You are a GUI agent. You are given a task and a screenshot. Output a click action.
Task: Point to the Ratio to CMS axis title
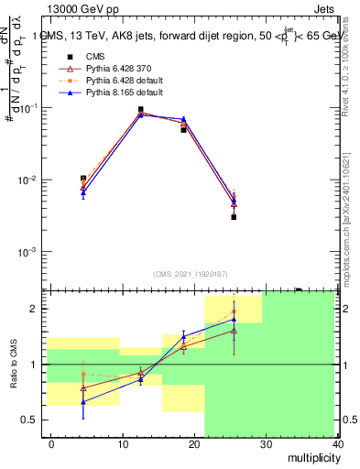12,365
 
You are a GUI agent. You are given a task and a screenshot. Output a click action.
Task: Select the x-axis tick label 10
121,444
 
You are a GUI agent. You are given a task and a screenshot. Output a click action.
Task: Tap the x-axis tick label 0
52,444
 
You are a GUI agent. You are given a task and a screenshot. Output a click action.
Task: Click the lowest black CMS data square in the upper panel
234,217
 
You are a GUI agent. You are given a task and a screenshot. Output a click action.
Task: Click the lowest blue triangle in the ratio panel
83,402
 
